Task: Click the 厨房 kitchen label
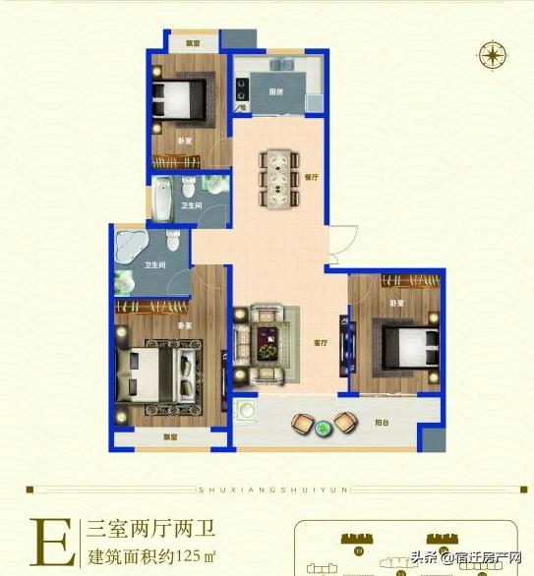pos(276,91)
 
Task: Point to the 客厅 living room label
pos(320,343)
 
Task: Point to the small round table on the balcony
pos(323,426)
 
